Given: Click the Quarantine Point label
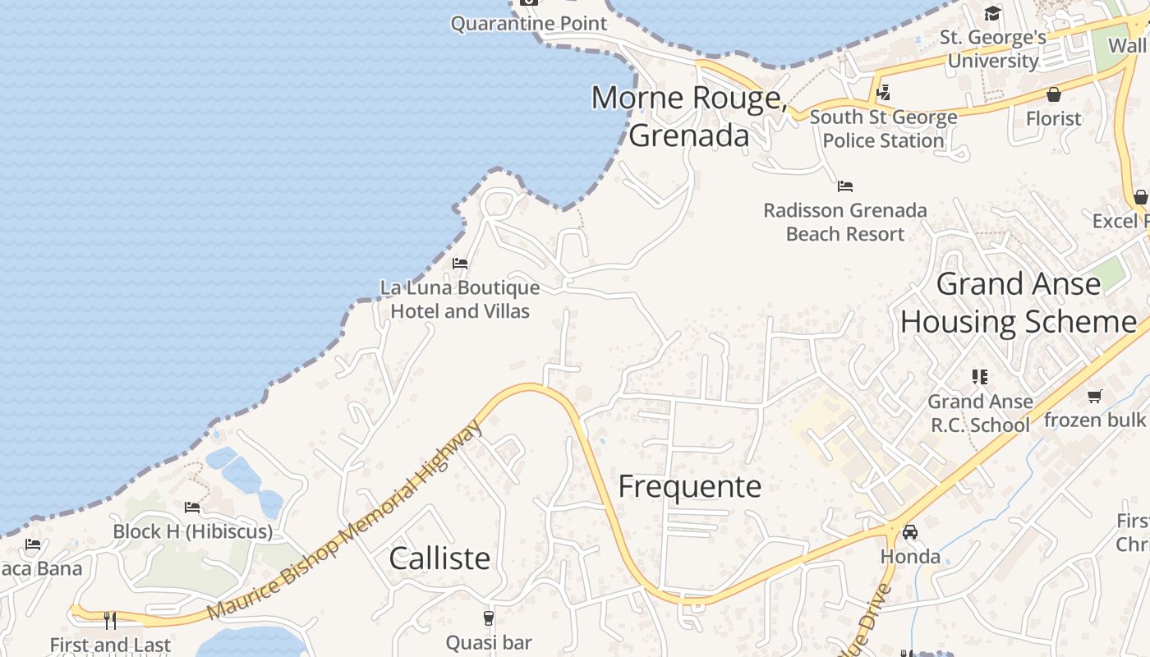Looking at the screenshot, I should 529,23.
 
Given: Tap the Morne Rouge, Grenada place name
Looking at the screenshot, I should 689,116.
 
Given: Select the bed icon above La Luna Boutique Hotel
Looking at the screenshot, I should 460,264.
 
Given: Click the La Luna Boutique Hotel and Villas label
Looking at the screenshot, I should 460,300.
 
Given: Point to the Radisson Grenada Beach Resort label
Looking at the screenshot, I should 845,222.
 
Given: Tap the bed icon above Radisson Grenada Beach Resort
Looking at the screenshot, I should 845,186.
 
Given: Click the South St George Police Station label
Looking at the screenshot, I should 883,129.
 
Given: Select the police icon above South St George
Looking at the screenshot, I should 883,93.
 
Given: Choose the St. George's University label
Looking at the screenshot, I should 993,48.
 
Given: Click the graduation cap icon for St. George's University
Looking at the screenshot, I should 993,13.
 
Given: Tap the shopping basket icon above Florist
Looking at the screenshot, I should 1054,94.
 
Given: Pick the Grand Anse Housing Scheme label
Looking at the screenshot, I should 1019,302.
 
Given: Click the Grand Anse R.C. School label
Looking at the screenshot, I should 980,413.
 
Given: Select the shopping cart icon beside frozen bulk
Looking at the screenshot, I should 1094,397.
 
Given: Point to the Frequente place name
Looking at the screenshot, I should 690,486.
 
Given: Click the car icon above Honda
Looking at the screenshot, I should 910,532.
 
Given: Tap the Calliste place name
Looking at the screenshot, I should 439,558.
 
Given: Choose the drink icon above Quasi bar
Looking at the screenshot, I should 489,618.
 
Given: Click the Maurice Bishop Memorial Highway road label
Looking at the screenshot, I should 344,521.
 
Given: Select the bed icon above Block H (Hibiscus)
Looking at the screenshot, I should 192,508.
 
